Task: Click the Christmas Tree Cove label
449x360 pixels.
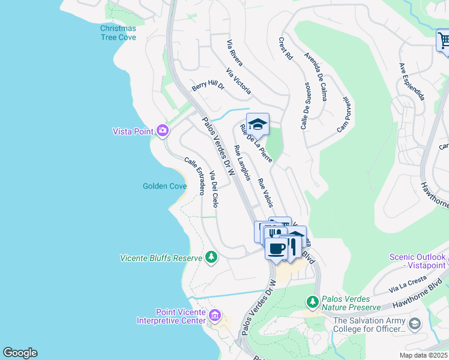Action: (118, 32)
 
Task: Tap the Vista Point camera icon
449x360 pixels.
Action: (162, 130)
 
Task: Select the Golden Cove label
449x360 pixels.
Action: (164, 186)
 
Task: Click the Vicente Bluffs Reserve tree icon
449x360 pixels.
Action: (211, 257)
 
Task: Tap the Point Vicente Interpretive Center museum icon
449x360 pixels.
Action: (215, 314)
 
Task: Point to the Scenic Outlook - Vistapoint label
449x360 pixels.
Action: (417, 260)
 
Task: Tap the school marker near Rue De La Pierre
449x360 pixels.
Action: (258, 124)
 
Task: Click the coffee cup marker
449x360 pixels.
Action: (276, 248)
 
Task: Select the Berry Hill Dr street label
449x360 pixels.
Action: (208, 87)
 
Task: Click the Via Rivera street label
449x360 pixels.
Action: (234, 49)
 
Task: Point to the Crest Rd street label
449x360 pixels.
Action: (286, 48)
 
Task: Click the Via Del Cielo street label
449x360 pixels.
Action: (214, 189)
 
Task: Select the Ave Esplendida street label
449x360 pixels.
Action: (412, 81)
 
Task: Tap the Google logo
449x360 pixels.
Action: (20, 353)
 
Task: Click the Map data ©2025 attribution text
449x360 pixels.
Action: (423, 355)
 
